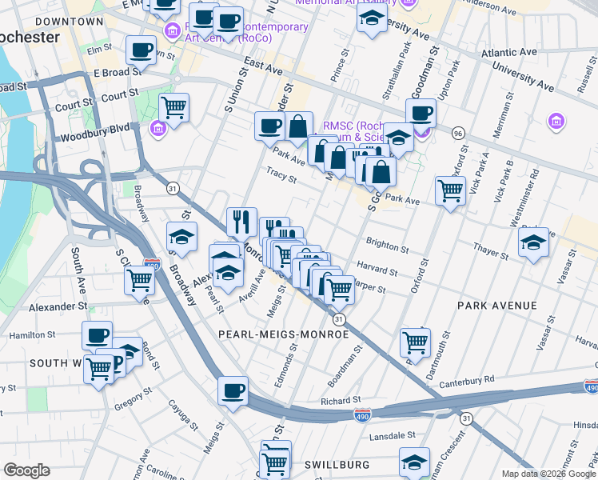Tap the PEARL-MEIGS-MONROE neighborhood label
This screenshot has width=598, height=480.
point(284,334)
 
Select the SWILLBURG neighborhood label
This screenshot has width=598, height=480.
point(337,464)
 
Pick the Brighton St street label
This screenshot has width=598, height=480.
point(387,242)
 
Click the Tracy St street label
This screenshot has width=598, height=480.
point(277,172)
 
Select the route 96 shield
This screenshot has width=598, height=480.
point(458,132)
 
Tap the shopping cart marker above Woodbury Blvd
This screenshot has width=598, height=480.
point(173,107)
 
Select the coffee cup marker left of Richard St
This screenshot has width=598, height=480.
point(233,391)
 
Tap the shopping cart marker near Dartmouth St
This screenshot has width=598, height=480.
point(415,343)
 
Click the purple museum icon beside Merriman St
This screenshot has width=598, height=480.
point(556,122)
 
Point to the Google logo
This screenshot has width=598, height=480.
point(26,470)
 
